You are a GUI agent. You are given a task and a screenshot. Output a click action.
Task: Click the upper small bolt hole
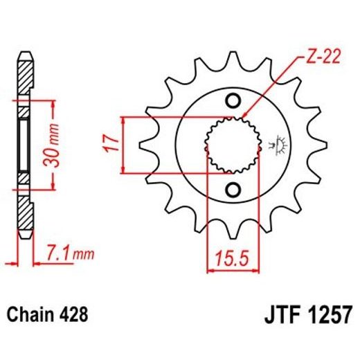click(233, 99)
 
